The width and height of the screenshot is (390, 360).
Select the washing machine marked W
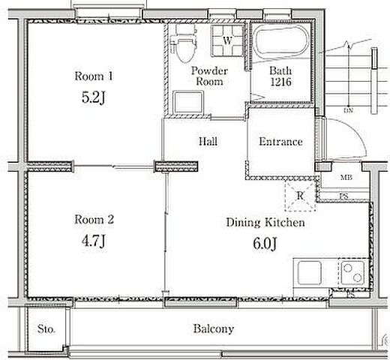point(227,40)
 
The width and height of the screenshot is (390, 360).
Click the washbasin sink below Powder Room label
point(188,102)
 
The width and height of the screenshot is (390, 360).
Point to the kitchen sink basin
point(310,272)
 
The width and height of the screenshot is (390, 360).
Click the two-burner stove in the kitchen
point(352,272)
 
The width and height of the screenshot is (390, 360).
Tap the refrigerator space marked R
point(300,196)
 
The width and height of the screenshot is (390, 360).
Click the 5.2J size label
point(94,97)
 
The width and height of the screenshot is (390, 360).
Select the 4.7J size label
point(94,241)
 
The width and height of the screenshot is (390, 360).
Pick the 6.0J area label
point(265,244)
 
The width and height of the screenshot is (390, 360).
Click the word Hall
point(208,142)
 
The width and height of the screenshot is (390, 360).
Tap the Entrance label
point(280,142)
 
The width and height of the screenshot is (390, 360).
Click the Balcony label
point(214,329)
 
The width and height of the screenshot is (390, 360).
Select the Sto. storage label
point(46,329)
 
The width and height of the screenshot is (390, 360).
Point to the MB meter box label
point(346,178)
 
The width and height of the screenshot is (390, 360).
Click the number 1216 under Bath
point(280,82)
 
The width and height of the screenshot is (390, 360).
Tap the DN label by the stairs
point(348,110)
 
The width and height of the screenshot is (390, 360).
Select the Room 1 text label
point(94,76)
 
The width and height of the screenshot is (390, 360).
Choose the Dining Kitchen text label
point(265,223)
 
